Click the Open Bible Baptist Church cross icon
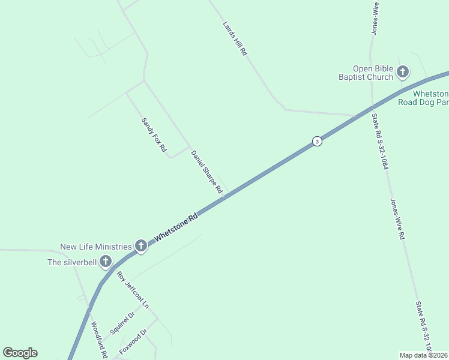click(x=402, y=73)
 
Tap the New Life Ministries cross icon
click(x=141, y=245)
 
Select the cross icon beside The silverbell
click(x=106, y=261)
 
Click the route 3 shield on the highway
click(x=317, y=141)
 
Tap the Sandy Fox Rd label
click(x=154, y=134)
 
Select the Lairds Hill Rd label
click(x=235, y=40)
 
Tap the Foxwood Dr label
click(x=133, y=342)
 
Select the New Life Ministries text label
click(x=95, y=247)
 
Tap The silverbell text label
click(x=71, y=262)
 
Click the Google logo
click(x=20, y=353)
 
